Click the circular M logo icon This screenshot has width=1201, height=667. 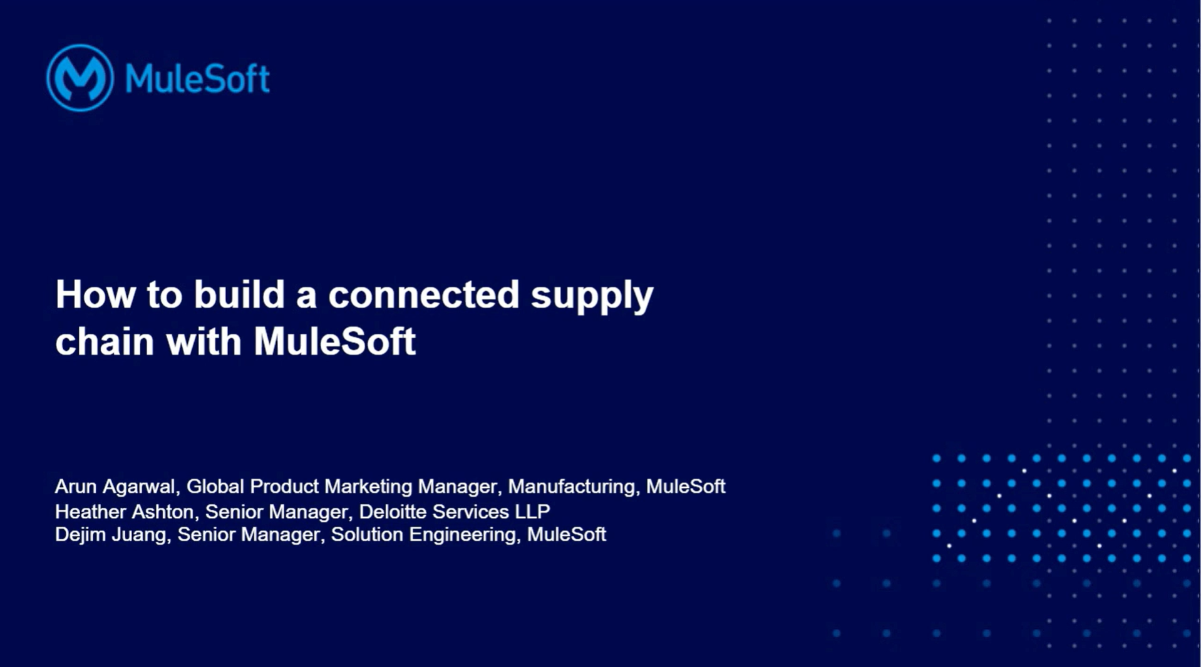click(80, 78)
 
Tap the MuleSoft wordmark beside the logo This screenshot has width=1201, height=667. click(197, 79)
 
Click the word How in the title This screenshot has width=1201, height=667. click(95, 294)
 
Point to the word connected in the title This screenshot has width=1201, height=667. click(424, 294)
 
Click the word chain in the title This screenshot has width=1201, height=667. click(105, 341)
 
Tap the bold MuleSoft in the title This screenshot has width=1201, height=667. click(334, 341)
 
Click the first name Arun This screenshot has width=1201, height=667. click(76, 487)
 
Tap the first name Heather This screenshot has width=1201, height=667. click(90, 512)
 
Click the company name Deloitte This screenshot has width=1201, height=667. click(393, 512)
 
